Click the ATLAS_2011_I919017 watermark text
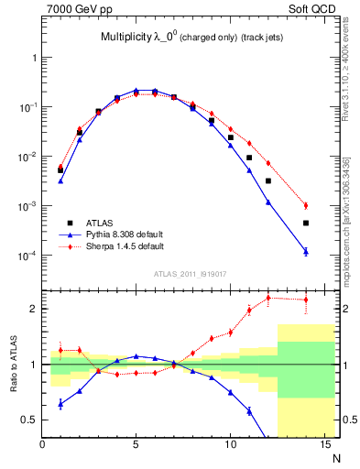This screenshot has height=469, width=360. click(191, 272)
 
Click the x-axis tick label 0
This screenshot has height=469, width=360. click(42, 445)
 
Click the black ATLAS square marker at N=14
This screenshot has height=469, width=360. click(306, 223)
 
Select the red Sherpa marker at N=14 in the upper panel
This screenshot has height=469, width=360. click(306, 205)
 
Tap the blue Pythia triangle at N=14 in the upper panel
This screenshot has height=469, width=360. click(306, 251)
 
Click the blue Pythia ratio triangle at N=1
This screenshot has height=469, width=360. click(60, 403)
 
